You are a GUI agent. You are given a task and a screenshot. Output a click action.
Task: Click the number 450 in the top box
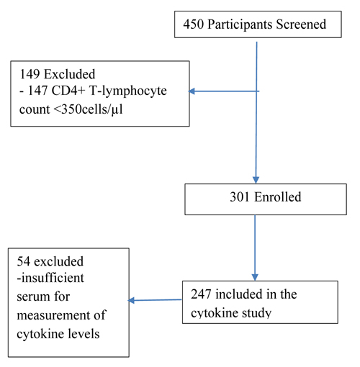[194, 24]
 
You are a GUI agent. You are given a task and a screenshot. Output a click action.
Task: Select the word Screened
[301, 24]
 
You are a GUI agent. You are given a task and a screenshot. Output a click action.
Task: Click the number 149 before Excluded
[30, 74]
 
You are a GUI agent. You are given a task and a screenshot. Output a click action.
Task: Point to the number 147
[37, 91]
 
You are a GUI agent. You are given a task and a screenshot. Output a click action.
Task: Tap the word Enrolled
[278, 197]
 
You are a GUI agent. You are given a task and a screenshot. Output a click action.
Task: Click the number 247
[201, 294]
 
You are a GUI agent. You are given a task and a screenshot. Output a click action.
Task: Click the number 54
[24, 261]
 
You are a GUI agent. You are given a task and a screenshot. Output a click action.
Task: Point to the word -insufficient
[50, 278]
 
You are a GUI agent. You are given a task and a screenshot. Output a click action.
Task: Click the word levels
[84, 334]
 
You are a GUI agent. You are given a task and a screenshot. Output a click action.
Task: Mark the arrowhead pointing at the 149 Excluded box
[192, 91]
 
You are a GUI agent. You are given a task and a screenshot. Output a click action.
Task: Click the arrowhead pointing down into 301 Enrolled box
[256, 180]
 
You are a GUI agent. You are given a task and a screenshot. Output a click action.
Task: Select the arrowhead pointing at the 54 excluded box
[131, 300]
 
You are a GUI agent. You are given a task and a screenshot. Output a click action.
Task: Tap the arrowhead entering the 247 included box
[255, 277]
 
